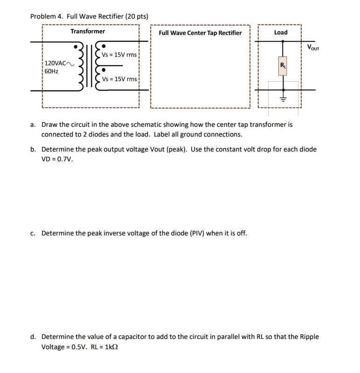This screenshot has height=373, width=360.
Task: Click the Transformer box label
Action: coord(88,31)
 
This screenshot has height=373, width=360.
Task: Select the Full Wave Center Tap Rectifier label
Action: coord(200,33)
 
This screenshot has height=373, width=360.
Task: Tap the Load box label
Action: coord(281,32)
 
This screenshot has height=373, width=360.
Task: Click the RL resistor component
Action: coord(282,67)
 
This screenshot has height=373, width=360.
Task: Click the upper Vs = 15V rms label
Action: coord(119,55)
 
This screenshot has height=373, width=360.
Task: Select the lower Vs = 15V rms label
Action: coord(119,79)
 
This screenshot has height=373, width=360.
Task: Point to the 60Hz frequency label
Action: coord(52,71)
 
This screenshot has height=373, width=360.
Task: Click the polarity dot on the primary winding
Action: coord(75,47)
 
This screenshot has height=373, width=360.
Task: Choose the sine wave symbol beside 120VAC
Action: coord(70,63)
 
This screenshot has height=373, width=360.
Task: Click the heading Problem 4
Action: coord(47,16)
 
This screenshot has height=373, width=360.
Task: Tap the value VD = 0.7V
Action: coord(57,159)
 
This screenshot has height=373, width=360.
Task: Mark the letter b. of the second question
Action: coord(33,150)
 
